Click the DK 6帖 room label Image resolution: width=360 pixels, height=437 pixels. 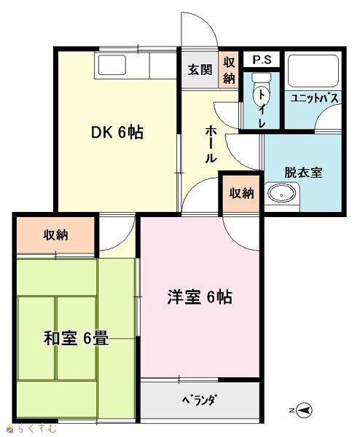[117, 133]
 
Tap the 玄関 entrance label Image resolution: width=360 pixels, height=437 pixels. [200, 70]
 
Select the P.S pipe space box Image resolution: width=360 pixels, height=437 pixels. [262, 60]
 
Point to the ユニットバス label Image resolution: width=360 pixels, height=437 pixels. [315, 98]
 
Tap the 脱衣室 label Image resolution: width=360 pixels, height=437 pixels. [303, 173]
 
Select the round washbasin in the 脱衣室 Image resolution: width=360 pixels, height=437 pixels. [281, 194]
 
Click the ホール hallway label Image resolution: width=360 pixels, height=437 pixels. [211, 144]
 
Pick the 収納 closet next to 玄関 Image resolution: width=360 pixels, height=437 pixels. [229, 70]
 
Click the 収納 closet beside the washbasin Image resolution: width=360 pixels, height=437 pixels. [241, 193]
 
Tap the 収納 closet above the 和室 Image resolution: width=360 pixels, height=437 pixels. [55, 235]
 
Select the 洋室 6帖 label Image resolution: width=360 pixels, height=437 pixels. [200, 297]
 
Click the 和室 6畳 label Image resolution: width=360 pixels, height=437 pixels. [76, 339]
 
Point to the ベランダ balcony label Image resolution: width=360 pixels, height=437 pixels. [200, 401]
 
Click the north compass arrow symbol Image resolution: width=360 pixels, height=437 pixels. [304, 410]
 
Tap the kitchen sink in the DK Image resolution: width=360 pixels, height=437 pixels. [112, 65]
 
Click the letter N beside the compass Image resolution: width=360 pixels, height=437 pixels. [291, 410]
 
